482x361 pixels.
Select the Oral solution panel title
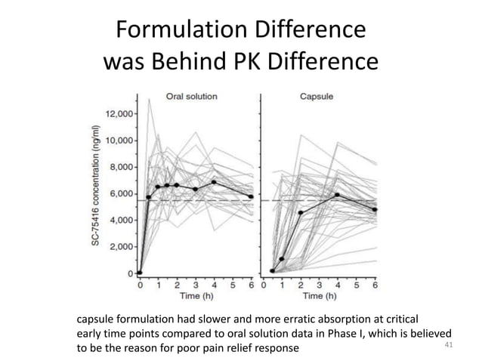tap(192, 97)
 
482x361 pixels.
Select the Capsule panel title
tap(318, 97)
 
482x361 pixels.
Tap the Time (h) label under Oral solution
tap(194, 298)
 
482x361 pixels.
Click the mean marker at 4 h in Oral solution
tap(214, 182)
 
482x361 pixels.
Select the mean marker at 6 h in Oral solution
tap(251, 197)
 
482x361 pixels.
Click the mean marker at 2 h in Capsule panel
tap(301, 213)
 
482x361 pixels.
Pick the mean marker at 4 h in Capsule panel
tap(337, 195)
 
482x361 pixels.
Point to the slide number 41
tap(450, 345)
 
